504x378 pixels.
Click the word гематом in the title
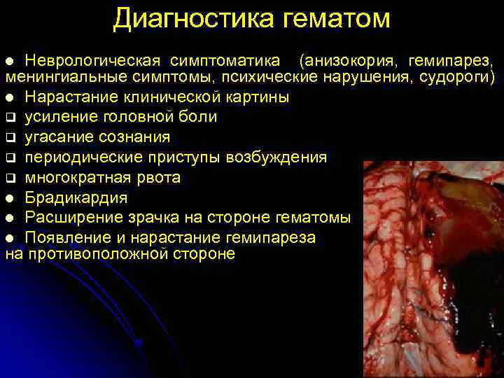(x=337, y=19)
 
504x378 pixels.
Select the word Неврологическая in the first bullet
(x=93, y=55)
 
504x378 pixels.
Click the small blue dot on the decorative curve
(x=139, y=342)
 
